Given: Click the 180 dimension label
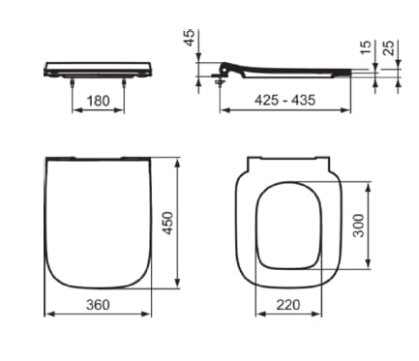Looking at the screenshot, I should pos(99,101).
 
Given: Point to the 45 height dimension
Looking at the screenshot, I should pos(190,38).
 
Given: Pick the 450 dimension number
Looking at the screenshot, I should pos(167,223).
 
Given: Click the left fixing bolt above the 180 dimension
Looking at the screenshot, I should pos(73,85).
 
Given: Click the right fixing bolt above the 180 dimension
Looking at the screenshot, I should pos(125,85).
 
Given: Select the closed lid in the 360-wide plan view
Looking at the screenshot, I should pos(97,223).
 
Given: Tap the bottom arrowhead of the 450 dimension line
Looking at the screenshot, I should pos(177,286).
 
